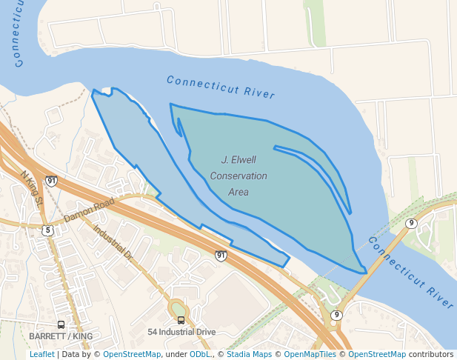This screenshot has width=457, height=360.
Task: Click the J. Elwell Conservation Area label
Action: tap(238, 176)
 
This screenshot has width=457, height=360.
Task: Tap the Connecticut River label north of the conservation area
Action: tap(221, 87)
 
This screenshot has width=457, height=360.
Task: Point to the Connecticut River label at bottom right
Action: tap(410, 272)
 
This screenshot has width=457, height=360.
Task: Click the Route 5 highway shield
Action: tap(48, 230)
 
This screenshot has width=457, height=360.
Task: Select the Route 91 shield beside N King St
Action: tap(51, 181)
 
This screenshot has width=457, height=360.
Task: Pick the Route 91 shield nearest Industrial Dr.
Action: tap(221, 256)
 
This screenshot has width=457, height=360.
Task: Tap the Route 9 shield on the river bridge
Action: tap(411, 223)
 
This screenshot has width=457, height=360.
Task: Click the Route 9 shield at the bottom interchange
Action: tap(336, 315)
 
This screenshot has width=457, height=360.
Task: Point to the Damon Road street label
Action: tap(89, 210)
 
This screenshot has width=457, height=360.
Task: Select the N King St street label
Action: tap(32, 189)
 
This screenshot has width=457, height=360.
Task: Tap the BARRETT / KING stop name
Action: tap(61, 336)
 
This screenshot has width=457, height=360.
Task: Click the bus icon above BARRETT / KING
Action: tap(61, 324)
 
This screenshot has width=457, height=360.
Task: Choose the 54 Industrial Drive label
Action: tap(181, 332)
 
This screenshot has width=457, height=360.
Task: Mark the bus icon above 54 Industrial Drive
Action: tap(181, 320)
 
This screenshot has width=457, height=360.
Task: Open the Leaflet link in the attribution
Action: tap(41, 355)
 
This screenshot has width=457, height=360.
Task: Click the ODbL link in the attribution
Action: tap(199, 355)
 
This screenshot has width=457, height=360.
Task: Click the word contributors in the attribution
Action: tap(431, 355)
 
